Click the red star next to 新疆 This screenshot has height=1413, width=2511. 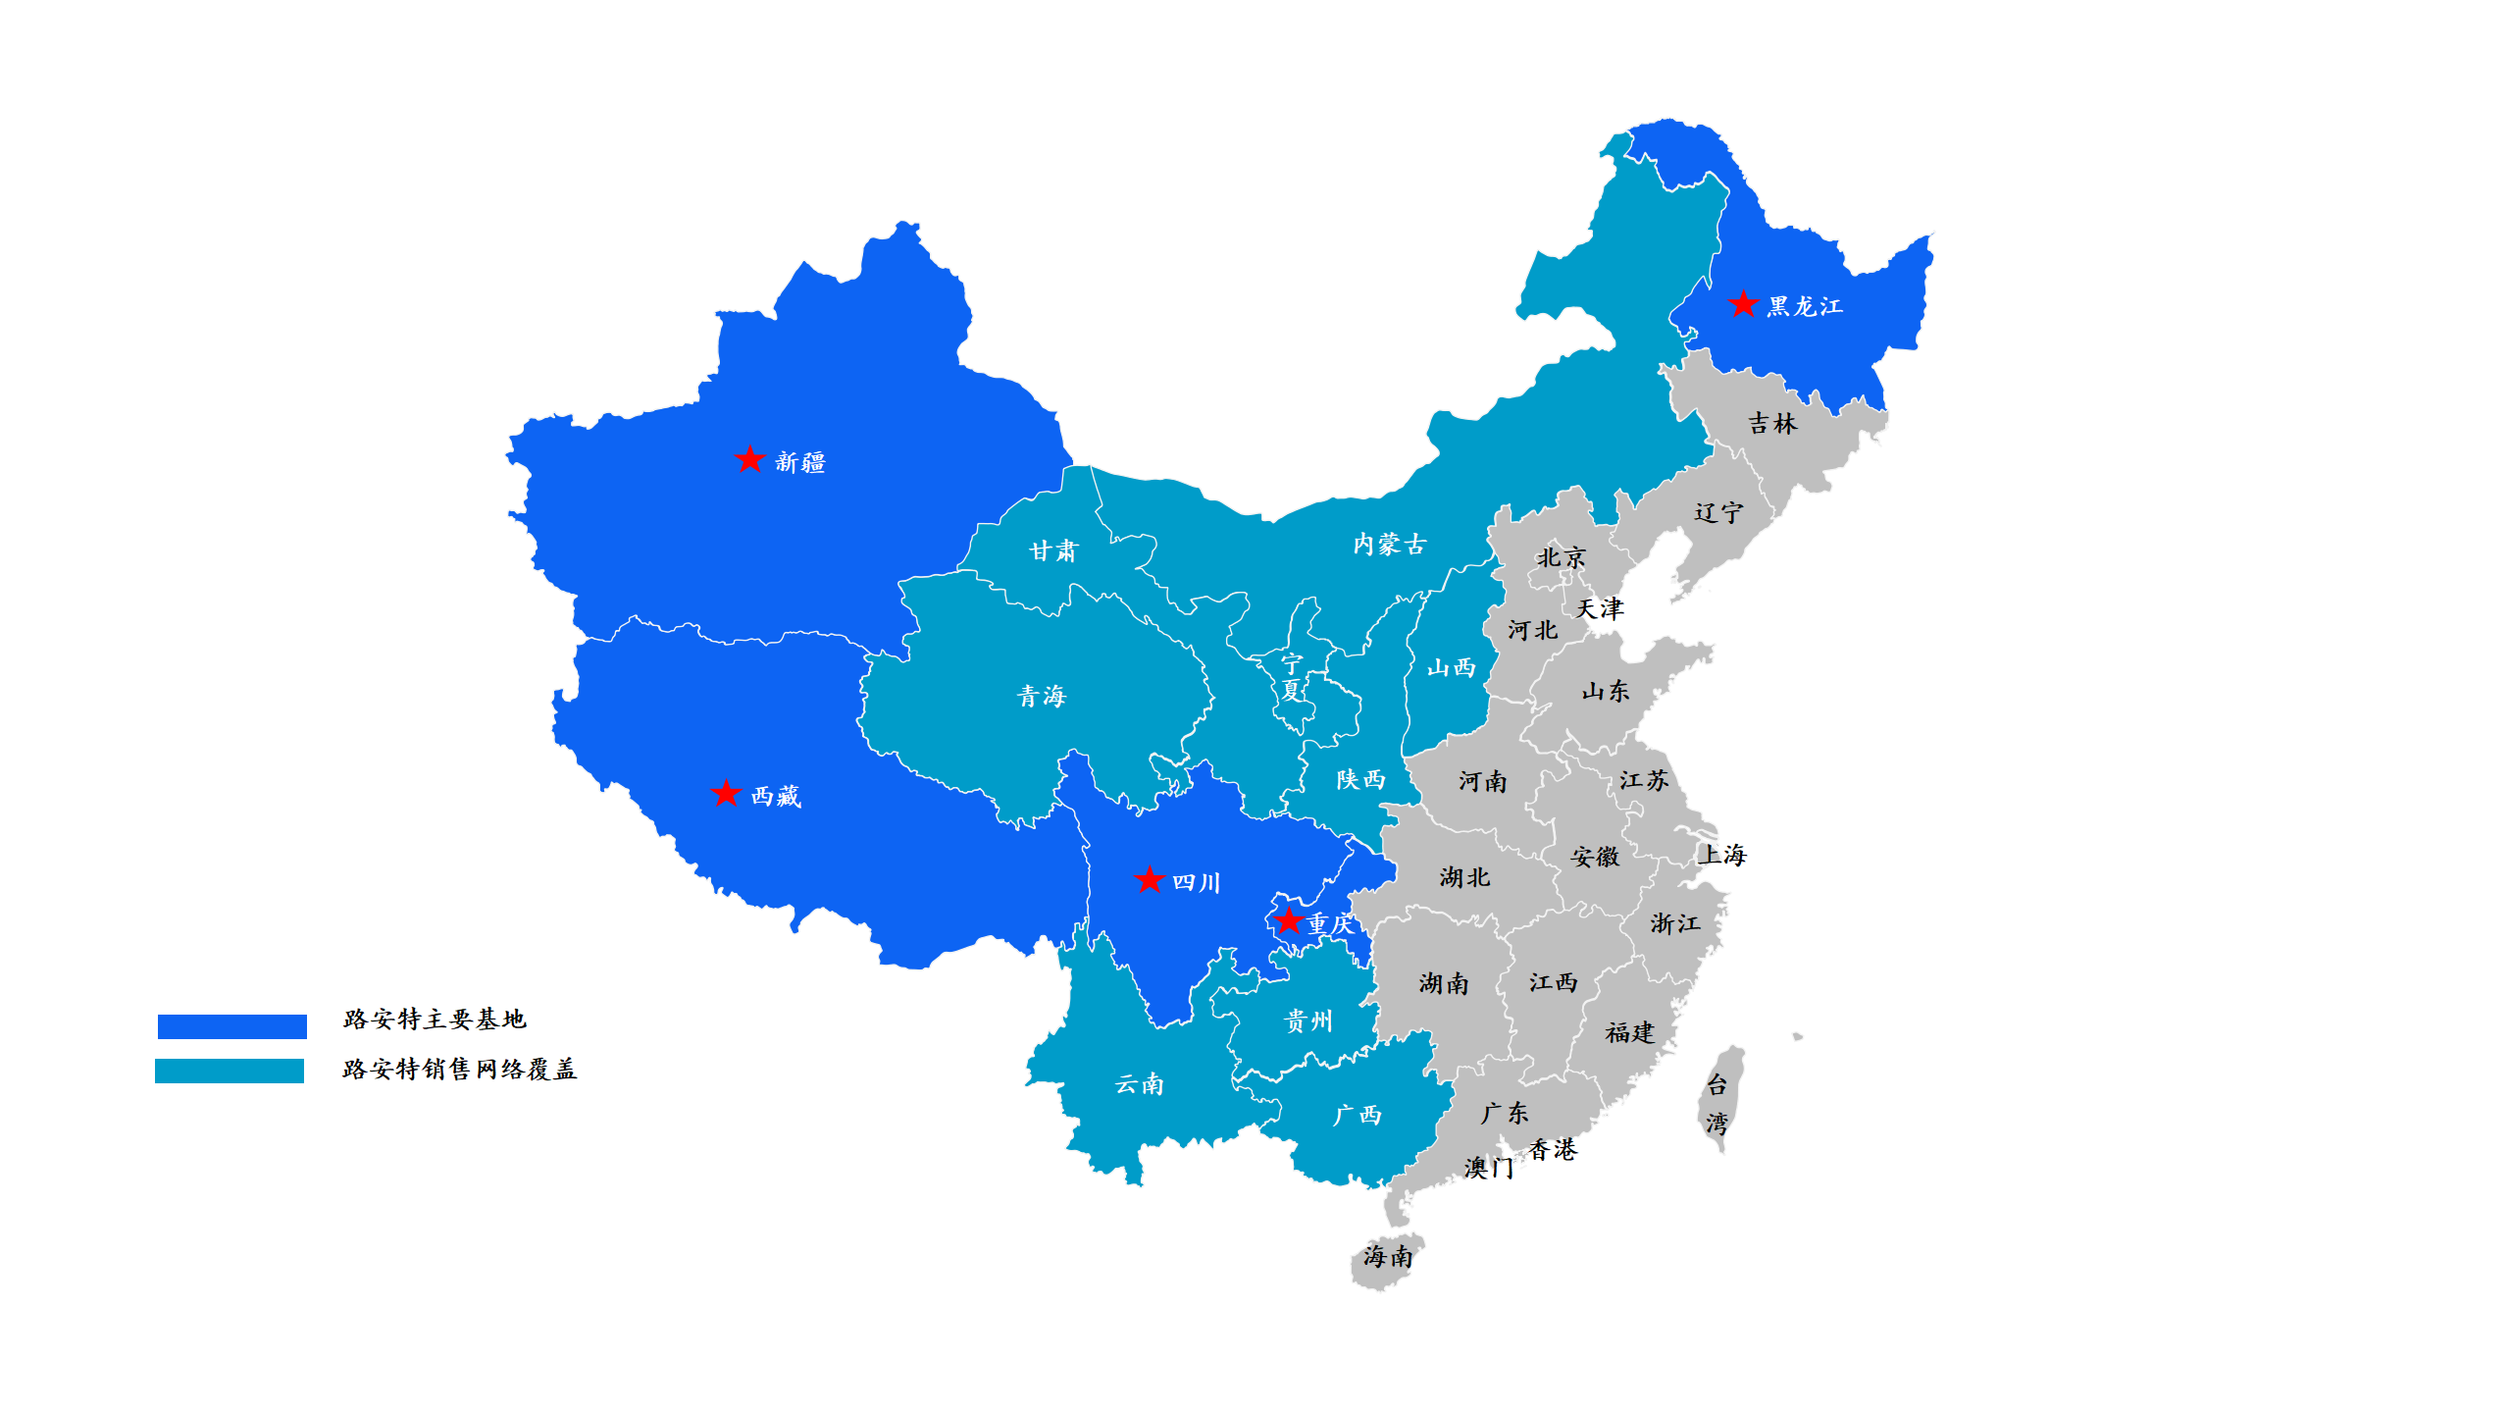(749, 459)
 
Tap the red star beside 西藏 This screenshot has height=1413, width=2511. (726, 793)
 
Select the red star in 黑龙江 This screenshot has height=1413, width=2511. (1743, 304)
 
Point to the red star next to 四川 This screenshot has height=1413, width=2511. (1149, 879)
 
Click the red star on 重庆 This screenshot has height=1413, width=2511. (1288, 920)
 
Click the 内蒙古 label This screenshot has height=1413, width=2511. (1389, 545)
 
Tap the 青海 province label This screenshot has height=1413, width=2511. (1041, 697)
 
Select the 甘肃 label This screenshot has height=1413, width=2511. (1052, 551)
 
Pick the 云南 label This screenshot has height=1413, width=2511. (1139, 1084)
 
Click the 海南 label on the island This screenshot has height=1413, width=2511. (1387, 1257)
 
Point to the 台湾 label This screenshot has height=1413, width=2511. (1717, 1104)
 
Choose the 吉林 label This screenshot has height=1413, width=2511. (1772, 424)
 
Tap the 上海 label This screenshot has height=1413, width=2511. (1722, 855)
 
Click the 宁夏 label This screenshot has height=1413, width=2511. (1292, 677)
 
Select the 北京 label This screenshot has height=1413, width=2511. (1561, 558)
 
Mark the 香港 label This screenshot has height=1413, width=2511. (1553, 1149)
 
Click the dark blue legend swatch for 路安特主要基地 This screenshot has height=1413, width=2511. (232, 1026)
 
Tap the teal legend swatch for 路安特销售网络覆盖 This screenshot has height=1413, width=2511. (230, 1071)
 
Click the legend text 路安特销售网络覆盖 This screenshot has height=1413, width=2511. (459, 1070)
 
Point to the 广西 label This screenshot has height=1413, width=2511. (1357, 1116)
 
